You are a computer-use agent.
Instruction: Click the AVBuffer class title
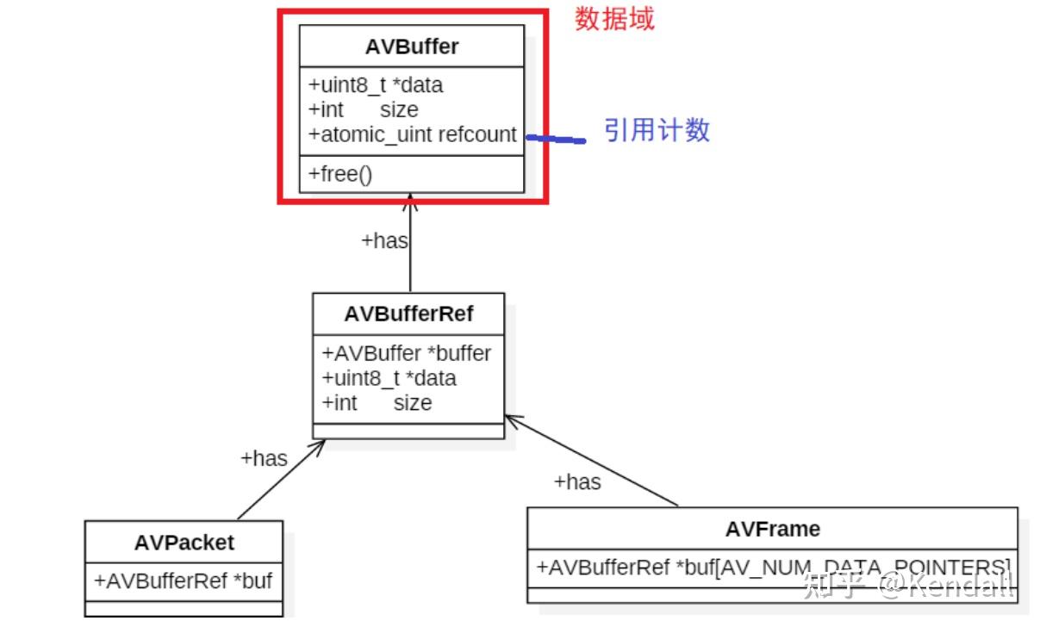(411, 47)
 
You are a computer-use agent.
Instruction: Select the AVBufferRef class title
(408, 313)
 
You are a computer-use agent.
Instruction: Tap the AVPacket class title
(184, 543)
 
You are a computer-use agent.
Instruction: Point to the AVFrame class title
(772, 528)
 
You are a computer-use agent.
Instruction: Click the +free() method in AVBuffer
(340, 175)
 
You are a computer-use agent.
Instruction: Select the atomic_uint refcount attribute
(413, 134)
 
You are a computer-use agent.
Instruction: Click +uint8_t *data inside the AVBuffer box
(376, 84)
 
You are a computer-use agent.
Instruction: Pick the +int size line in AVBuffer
(363, 109)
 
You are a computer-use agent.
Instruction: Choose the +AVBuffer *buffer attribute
(407, 353)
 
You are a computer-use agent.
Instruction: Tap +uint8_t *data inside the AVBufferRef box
(389, 378)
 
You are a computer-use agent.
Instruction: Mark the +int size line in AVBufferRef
(377, 402)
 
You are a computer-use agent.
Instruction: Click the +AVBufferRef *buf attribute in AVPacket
(184, 580)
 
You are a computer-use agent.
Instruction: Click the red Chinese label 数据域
(614, 18)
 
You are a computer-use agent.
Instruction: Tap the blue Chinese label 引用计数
(657, 130)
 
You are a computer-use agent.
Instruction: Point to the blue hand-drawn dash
(555, 138)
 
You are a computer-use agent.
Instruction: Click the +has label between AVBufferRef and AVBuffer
(384, 240)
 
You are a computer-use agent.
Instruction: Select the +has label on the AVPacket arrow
(264, 458)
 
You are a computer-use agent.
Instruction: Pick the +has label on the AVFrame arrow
(577, 481)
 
